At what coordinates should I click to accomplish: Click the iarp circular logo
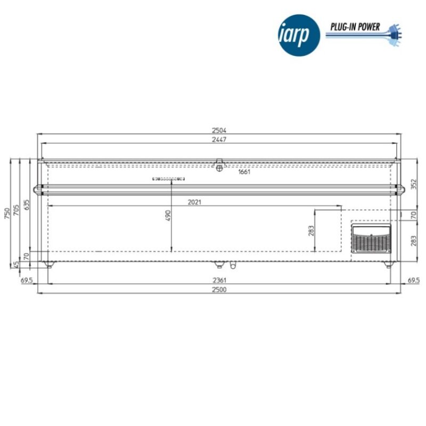tap(299, 35)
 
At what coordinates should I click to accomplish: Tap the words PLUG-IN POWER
tap(355, 27)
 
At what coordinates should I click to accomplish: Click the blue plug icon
tap(395, 35)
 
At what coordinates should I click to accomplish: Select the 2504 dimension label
tap(219, 130)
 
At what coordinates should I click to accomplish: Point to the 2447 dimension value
tap(219, 140)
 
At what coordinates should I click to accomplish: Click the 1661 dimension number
tap(244, 171)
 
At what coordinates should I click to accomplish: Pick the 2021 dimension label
tap(194, 202)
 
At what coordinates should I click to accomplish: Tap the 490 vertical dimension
tap(168, 216)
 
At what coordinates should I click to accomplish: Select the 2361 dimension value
tap(219, 280)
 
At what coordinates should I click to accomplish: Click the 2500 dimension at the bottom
tap(219, 290)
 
